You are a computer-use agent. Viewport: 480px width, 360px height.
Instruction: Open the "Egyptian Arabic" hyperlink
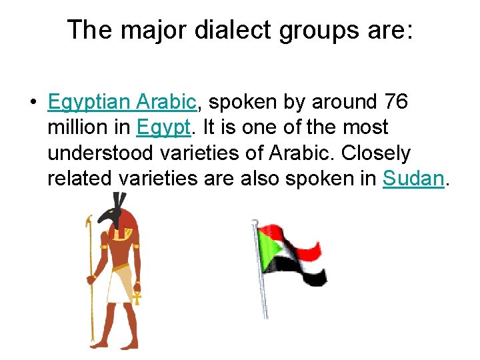click(x=122, y=102)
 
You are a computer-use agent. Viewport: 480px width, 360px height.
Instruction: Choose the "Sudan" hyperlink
click(x=413, y=178)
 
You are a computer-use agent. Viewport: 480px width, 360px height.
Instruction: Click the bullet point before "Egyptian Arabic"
click(x=32, y=103)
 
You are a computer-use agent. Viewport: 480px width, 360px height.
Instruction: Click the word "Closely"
click(x=375, y=153)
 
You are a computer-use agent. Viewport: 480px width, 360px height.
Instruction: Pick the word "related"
click(x=80, y=178)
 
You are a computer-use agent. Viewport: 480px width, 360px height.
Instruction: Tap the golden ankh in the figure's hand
click(x=137, y=295)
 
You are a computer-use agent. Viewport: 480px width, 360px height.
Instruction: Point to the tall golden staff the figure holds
click(x=90, y=280)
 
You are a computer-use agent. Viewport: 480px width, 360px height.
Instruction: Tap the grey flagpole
click(x=261, y=280)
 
